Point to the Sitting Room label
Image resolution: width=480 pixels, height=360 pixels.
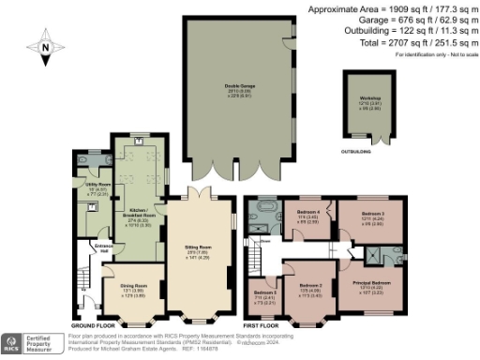[197, 249]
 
